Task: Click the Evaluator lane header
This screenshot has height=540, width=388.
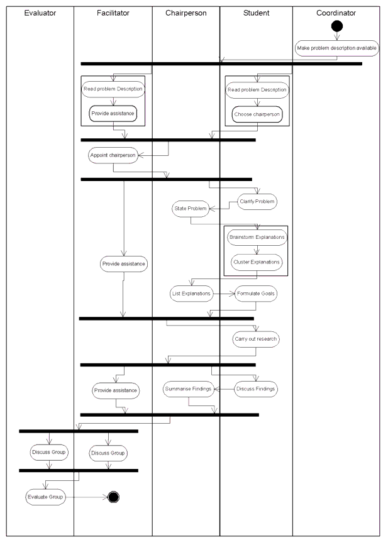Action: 40,13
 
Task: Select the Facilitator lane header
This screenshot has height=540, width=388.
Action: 114,13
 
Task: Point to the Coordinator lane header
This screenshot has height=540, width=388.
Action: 336,13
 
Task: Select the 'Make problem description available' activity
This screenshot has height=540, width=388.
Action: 337,48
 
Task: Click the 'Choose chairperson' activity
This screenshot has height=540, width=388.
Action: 257,115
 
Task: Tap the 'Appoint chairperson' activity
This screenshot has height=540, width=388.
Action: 113,155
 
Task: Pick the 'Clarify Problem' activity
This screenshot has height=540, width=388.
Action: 257,202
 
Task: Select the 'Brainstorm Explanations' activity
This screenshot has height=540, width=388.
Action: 257,238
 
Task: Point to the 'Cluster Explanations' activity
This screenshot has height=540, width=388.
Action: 257,263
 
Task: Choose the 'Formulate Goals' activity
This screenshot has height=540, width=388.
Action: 256,294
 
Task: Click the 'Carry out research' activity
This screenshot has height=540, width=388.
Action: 256,339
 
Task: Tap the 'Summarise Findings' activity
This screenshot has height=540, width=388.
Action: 187,390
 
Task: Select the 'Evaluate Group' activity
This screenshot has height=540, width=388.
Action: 45,497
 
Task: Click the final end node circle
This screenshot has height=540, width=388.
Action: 114,497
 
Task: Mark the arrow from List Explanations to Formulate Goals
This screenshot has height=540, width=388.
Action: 223,294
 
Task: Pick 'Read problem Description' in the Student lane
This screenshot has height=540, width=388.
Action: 257,90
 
